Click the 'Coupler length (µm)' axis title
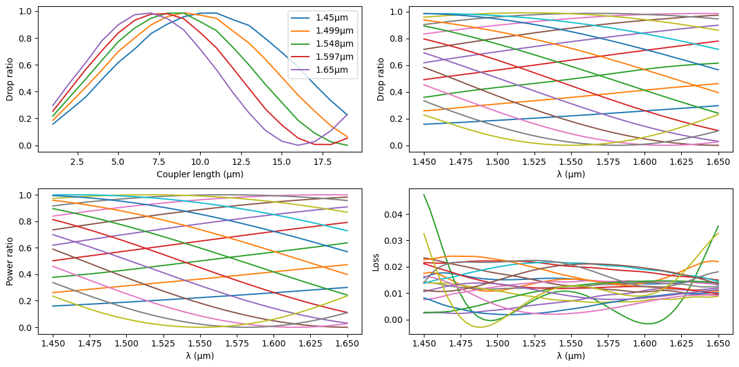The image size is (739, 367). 200,174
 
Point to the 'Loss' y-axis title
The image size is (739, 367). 375,262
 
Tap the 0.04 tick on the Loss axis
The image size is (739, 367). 395,215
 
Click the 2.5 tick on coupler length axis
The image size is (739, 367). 77,162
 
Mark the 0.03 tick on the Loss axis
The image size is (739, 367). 395,241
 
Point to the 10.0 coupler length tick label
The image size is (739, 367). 200,162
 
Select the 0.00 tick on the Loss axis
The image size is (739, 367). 395,320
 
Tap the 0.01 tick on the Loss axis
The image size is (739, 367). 395,294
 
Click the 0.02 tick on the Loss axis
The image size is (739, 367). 395,267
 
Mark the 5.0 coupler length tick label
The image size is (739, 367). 118,162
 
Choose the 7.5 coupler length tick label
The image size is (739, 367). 159,162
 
